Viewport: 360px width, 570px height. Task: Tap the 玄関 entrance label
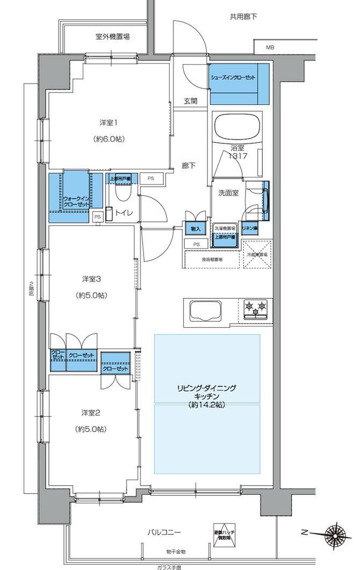click(190, 100)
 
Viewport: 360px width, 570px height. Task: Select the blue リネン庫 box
click(250, 228)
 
